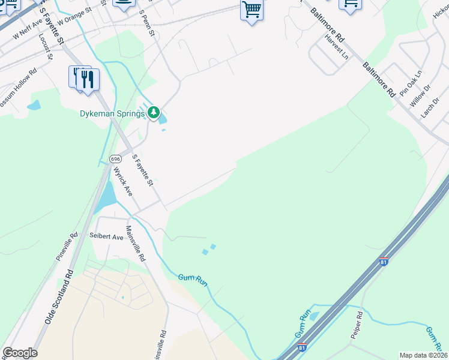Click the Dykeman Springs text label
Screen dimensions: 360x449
(112, 113)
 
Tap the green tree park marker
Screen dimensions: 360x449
(154, 112)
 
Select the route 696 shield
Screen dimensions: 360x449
(116, 159)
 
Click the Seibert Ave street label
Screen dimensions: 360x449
(106, 237)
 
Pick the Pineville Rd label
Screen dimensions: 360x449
(67, 247)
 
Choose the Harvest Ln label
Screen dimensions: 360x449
(336, 46)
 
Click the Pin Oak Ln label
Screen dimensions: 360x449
(411, 83)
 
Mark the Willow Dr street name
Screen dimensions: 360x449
(420, 95)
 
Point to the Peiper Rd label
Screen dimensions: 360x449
(357, 325)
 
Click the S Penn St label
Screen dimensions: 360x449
(147, 22)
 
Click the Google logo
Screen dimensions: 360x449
(20, 353)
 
